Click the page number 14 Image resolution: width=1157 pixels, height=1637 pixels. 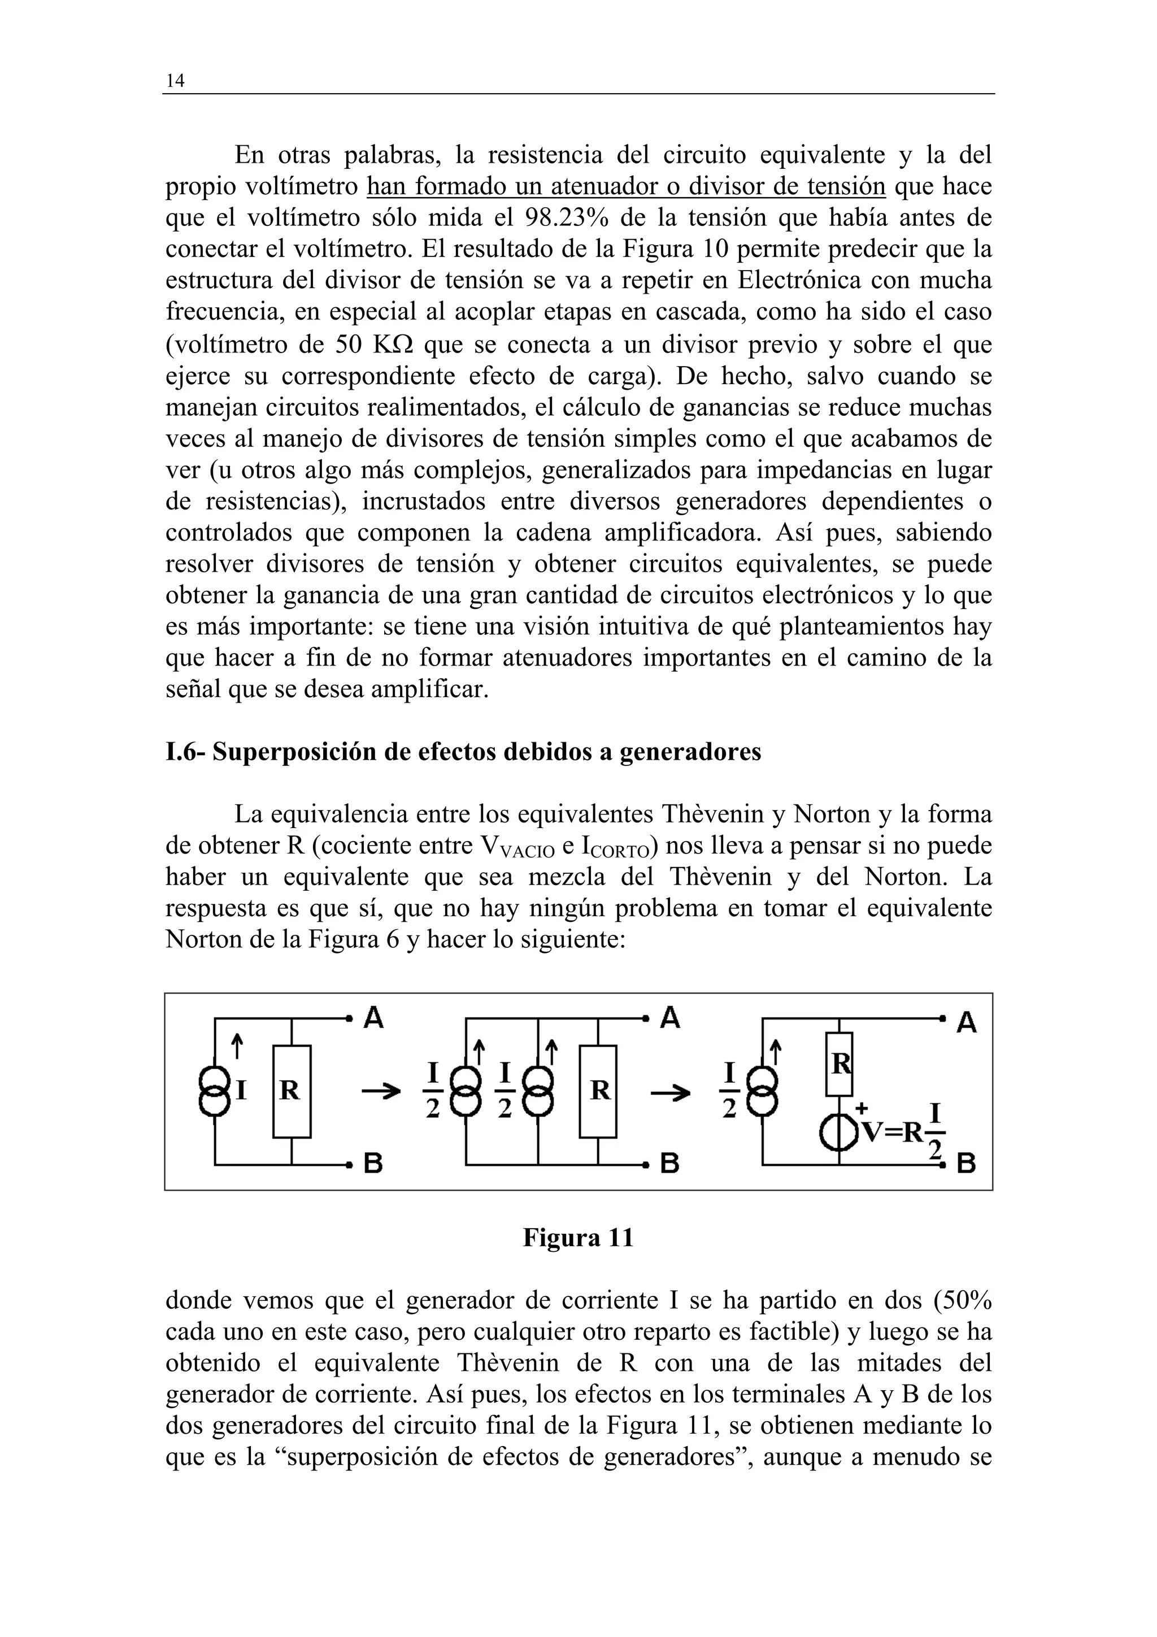(175, 81)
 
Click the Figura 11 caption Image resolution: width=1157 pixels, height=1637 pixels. (578, 1237)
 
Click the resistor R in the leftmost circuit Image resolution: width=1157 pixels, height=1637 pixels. (292, 1091)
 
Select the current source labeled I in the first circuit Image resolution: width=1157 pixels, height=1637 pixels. (215, 1091)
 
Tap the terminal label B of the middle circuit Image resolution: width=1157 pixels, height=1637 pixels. (669, 1164)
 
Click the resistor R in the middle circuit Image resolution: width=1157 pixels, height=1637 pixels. (598, 1091)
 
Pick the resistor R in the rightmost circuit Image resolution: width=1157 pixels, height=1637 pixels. (839, 1064)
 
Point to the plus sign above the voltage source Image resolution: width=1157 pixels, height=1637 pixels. (861, 1108)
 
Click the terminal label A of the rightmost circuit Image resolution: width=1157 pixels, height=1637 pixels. (966, 1024)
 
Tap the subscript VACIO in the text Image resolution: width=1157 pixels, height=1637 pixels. (528, 852)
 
